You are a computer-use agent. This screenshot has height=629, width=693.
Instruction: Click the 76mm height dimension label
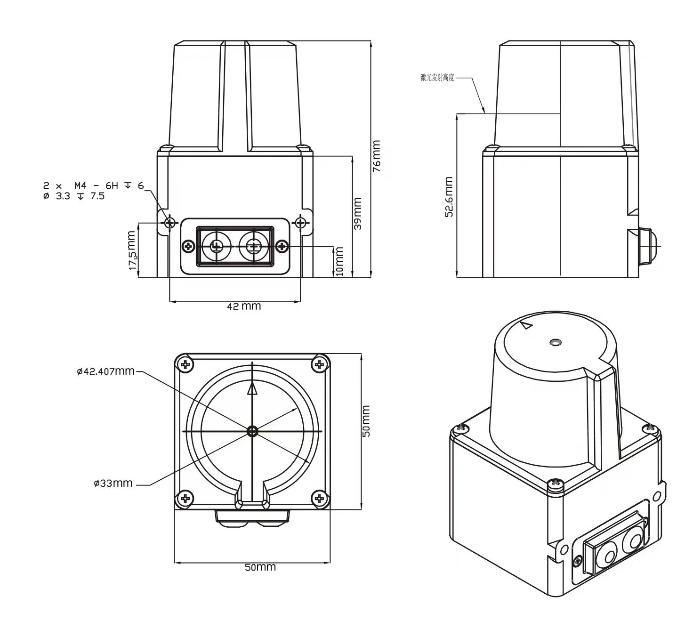click(377, 156)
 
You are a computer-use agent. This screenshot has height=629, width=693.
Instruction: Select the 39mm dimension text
click(358, 213)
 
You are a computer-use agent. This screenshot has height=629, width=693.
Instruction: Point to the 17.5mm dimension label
click(133, 250)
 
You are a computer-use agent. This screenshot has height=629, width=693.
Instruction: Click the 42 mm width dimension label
click(243, 306)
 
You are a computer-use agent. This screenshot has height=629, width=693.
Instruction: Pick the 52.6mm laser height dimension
click(449, 197)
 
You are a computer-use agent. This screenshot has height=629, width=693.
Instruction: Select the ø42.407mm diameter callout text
click(105, 371)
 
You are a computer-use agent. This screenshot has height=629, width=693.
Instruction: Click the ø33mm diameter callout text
click(113, 483)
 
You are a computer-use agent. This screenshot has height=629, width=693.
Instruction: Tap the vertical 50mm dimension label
click(366, 421)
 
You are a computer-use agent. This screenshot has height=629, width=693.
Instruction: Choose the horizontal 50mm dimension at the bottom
click(260, 567)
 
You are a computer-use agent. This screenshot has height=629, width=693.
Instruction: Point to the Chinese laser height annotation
click(437, 78)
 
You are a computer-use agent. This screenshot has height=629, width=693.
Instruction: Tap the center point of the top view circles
click(253, 431)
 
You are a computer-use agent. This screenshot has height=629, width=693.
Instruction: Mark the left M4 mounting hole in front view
click(169, 222)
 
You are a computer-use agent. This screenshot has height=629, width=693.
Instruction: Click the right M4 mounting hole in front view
click(300, 222)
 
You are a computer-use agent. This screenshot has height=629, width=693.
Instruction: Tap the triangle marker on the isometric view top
click(526, 325)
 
